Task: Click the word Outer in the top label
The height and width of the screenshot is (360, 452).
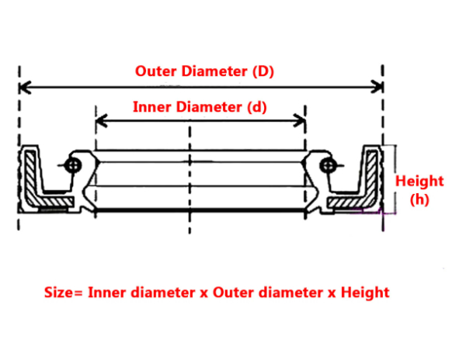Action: tap(155, 71)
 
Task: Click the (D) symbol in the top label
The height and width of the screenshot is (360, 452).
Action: tap(263, 71)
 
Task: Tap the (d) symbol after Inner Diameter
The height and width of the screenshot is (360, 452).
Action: tap(257, 107)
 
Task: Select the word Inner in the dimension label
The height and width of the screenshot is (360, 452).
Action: tap(152, 107)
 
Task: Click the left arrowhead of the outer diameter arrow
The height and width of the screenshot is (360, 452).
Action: tap(25, 87)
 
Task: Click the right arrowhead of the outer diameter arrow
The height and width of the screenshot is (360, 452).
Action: tap(377, 87)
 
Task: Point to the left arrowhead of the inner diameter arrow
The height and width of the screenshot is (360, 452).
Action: tap(102, 120)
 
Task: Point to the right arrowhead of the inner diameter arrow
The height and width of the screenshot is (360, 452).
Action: tap(300, 120)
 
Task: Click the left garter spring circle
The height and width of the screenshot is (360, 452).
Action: tap(73, 165)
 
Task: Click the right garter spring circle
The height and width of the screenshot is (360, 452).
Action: tap(328, 165)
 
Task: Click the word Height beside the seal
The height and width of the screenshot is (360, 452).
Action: tap(419, 181)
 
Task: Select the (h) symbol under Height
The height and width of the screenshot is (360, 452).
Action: tap(419, 199)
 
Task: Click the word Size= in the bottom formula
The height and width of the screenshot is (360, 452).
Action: tap(64, 292)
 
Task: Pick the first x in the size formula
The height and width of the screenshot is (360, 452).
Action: tap(204, 293)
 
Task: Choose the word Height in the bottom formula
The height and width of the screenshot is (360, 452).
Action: tap(365, 292)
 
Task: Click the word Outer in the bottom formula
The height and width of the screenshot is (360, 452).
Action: tap(234, 292)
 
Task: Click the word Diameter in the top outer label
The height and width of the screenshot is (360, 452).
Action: tap(214, 71)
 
